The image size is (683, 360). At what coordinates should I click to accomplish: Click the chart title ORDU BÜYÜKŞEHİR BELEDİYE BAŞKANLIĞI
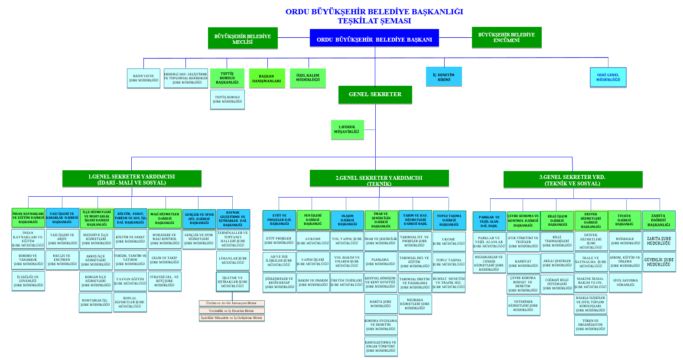[374, 12]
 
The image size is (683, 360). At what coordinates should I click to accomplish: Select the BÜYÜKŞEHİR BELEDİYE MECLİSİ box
[243, 39]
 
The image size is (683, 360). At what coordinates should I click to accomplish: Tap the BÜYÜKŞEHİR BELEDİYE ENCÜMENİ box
[506, 37]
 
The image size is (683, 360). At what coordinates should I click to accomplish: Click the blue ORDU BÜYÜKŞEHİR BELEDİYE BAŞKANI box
[374, 39]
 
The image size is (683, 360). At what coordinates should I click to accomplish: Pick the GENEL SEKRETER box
[375, 94]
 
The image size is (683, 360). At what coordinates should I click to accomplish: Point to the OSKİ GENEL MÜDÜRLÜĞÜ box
[608, 77]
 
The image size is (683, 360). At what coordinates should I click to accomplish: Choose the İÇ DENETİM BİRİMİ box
[444, 77]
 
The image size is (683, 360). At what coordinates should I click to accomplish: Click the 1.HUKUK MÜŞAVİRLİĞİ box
[347, 130]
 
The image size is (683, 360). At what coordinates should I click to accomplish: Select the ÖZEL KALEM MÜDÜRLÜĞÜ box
[308, 78]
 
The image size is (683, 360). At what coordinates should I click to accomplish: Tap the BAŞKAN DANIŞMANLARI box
[267, 78]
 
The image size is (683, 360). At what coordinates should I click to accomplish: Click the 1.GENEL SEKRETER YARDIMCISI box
[132, 179]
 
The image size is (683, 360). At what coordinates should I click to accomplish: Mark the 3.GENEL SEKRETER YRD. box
[572, 180]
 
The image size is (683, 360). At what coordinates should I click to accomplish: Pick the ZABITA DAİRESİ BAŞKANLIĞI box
[659, 220]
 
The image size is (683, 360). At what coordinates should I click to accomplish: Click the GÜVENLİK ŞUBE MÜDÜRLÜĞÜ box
[659, 262]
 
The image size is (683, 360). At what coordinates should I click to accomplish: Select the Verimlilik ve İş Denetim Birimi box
[231, 311]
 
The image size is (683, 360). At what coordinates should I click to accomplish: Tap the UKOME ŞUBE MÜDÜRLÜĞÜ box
[449, 241]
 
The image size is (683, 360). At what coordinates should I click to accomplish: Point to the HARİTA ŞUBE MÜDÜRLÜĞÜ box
[381, 304]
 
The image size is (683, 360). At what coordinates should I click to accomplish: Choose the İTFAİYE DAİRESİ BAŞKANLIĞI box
[624, 220]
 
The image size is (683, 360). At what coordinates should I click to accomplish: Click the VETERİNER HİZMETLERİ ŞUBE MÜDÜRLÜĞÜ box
[523, 305]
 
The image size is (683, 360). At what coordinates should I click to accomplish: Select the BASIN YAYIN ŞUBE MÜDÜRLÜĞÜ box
[143, 78]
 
